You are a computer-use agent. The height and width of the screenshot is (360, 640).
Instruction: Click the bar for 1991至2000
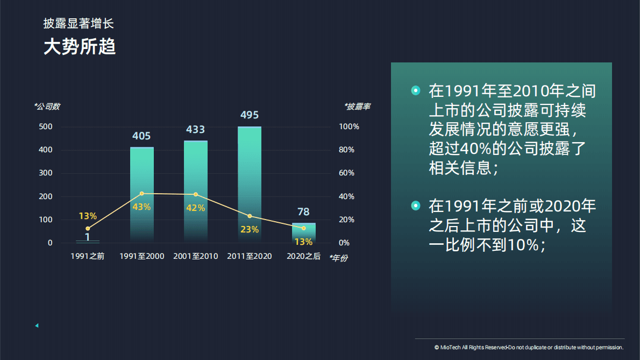click(x=142, y=194)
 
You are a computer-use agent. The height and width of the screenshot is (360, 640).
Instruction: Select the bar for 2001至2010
click(x=196, y=191)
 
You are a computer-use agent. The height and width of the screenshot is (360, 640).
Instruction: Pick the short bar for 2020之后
click(x=304, y=232)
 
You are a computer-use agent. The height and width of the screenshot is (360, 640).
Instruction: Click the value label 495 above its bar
click(x=250, y=115)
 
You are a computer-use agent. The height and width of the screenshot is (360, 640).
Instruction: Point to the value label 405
click(x=141, y=136)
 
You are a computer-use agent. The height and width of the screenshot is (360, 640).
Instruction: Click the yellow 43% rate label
click(x=141, y=207)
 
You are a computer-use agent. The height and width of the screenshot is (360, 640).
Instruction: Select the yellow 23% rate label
click(x=250, y=229)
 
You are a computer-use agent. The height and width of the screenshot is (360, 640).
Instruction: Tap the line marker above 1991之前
click(x=88, y=229)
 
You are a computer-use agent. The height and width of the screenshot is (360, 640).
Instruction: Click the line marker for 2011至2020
click(x=250, y=216)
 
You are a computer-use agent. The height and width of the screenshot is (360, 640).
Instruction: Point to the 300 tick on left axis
click(x=46, y=173)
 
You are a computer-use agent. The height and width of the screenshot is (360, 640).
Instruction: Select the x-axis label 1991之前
click(x=88, y=256)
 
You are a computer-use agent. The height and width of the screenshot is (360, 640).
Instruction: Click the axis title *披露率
click(x=357, y=107)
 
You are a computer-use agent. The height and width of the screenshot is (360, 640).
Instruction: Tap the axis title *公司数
click(x=47, y=107)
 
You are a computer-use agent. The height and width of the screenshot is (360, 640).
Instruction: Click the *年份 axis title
click(x=338, y=258)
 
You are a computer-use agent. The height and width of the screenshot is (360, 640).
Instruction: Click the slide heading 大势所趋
click(x=80, y=47)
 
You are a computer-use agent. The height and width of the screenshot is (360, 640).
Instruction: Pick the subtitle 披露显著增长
click(x=79, y=23)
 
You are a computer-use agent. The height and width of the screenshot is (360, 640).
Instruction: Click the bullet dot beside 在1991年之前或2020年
click(x=415, y=206)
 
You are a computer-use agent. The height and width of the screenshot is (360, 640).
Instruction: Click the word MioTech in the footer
click(x=451, y=348)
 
